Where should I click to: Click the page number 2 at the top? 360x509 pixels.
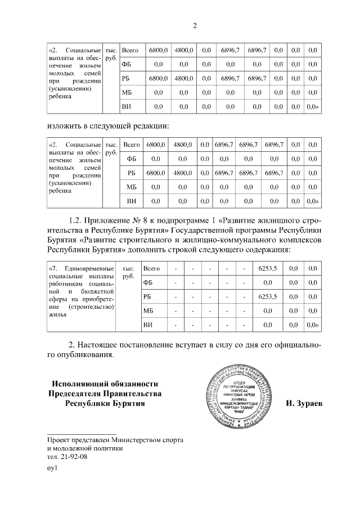tap(195, 25)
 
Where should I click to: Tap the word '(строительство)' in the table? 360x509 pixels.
tap(91, 308)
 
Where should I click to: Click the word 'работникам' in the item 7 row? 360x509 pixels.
tap(67, 285)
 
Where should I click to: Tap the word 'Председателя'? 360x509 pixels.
tap(75, 393)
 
